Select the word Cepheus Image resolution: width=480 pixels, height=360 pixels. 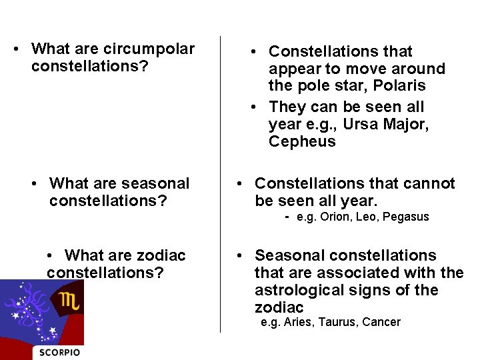[x=302, y=142]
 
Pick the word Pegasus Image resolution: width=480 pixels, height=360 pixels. [x=406, y=217]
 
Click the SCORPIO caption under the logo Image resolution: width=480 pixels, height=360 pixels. [x=60, y=352]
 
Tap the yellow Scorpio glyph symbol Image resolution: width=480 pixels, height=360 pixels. [x=69, y=301]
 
